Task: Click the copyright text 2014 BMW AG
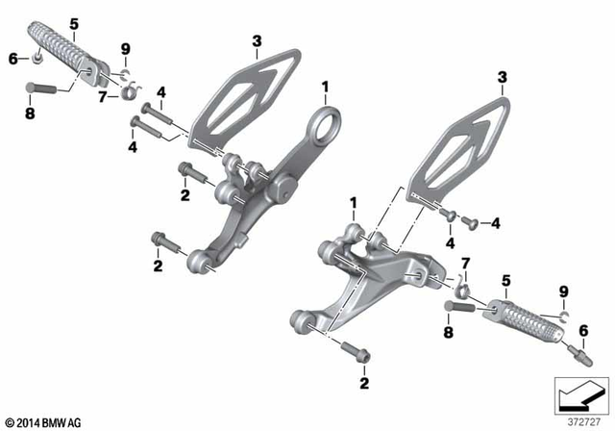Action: pos(44,421)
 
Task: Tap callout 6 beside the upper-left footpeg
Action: pos(13,59)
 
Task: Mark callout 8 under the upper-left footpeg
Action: pos(29,113)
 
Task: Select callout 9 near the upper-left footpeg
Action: pos(124,48)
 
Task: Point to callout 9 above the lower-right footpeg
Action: pos(564,290)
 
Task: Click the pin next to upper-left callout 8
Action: pos(44,92)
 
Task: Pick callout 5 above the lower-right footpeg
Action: pos(504,280)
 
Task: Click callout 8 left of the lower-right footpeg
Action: pos(448,332)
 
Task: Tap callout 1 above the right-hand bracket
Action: pos(353,202)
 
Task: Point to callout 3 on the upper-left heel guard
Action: pos(257,39)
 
